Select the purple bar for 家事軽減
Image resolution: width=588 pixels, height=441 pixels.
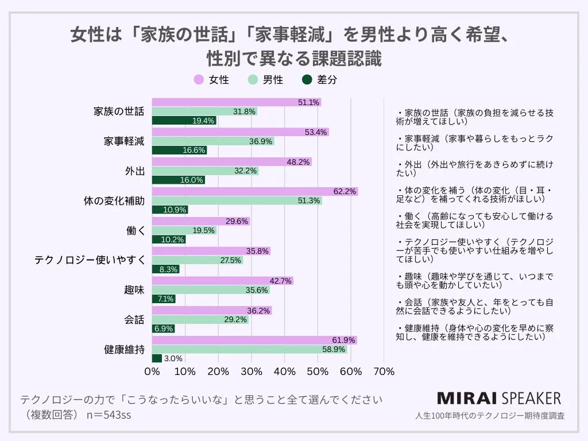click(240, 132)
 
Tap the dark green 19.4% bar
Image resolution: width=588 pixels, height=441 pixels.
click(184, 121)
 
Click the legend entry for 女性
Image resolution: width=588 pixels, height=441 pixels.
click(212, 80)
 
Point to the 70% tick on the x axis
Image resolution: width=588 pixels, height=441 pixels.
click(384, 372)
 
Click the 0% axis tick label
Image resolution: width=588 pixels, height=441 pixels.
click(152, 372)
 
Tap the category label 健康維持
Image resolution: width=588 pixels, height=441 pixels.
click(124, 349)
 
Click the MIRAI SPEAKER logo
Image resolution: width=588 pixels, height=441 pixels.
click(498, 399)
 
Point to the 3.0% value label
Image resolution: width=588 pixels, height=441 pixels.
click(173, 358)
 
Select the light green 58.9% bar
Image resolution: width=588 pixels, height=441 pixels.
click(249, 349)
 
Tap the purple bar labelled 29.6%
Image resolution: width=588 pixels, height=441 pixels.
click(200, 221)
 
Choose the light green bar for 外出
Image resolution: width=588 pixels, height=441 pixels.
click(205, 171)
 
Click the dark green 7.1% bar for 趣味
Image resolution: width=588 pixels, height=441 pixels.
click(164, 299)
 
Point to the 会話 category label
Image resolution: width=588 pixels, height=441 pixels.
click(134, 320)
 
